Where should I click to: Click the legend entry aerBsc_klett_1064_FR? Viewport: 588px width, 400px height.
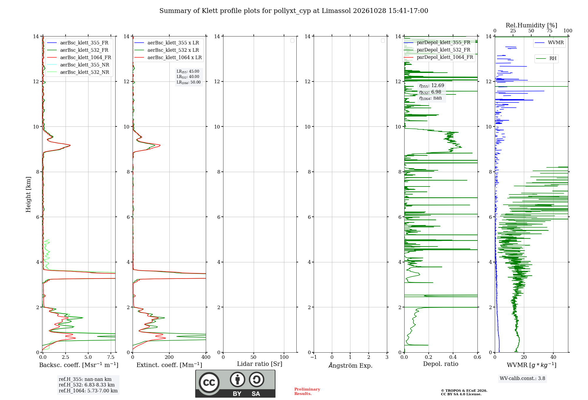click(79, 58)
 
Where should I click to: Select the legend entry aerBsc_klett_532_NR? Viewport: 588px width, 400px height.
click(78, 72)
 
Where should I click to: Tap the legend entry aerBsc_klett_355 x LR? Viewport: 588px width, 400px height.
click(167, 43)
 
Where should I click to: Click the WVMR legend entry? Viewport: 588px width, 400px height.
click(549, 43)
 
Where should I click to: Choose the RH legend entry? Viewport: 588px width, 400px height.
click(546, 59)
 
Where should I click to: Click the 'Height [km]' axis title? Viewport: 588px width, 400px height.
click(28, 194)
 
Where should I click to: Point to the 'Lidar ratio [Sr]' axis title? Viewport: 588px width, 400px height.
click(260, 364)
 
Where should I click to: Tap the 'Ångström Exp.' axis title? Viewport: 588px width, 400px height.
click(350, 365)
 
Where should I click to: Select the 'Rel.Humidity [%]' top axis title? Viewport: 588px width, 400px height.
click(532, 25)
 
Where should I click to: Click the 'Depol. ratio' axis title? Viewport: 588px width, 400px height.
click(441, 364)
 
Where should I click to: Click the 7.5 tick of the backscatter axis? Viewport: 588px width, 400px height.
click(111, 357)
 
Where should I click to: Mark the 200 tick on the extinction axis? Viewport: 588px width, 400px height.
click(169, 357)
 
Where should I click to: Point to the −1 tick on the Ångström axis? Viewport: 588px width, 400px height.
click(314, 357)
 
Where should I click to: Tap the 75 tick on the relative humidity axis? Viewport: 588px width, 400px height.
click(549, 31)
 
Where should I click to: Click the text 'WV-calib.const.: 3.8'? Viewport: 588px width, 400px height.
click(522, 379)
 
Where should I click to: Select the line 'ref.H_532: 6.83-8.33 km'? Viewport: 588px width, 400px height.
click(87, 385)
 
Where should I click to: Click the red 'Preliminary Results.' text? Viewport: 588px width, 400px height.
click(307, 391)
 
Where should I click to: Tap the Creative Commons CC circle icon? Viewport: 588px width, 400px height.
click(209, 383)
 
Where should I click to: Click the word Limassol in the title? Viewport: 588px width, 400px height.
click(336, 11)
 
